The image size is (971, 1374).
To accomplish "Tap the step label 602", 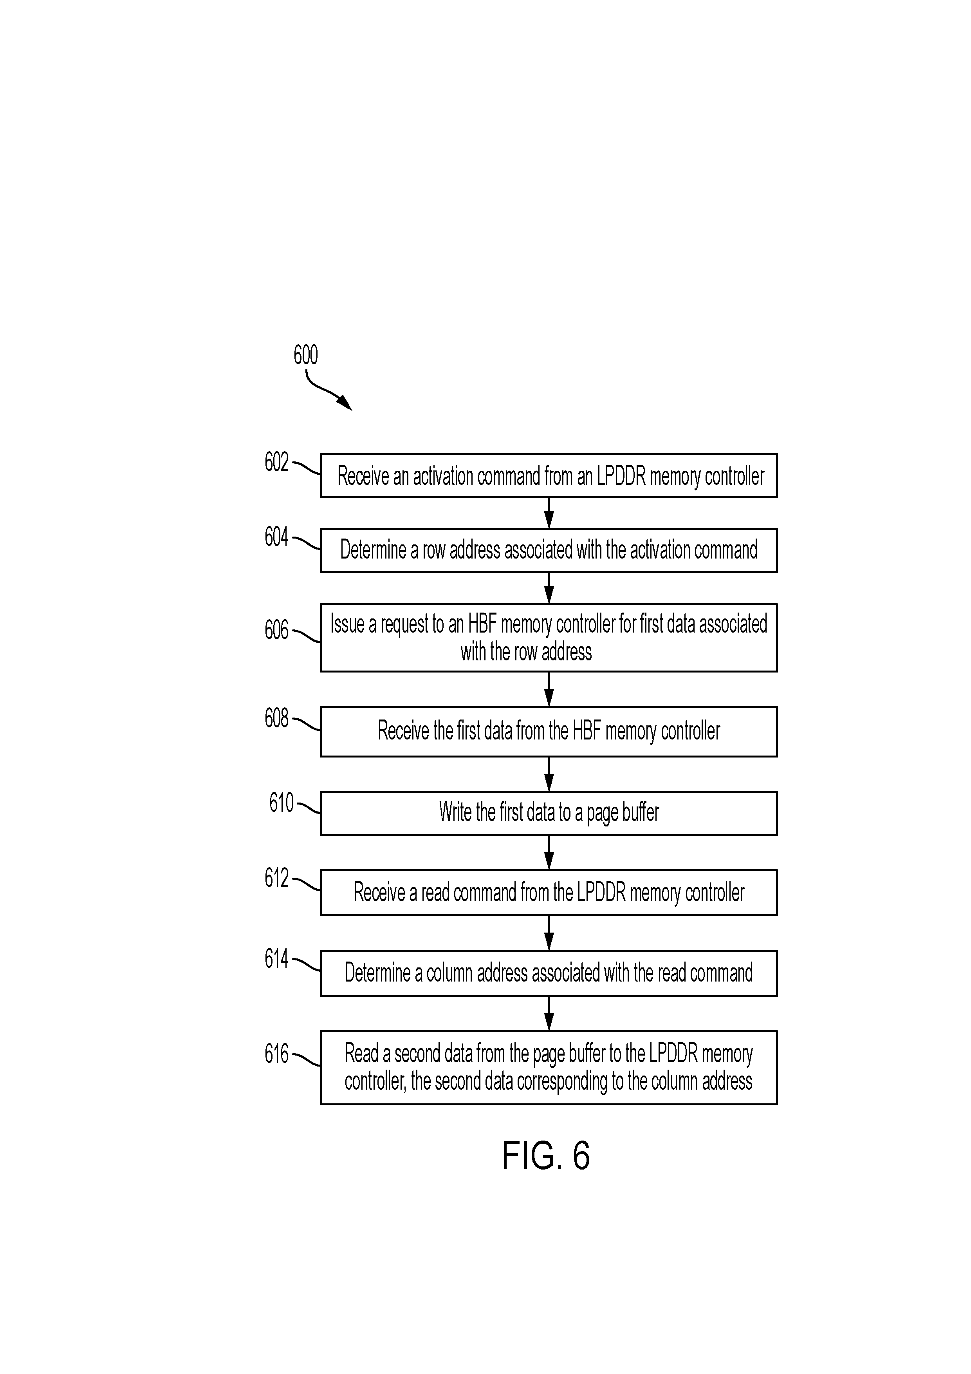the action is click(x=276, y=462).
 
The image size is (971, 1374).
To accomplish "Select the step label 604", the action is click(x=276, y=537).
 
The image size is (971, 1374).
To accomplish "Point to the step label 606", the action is click(x=276, y=630).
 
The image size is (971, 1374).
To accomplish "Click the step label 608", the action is click(x=276, y=718).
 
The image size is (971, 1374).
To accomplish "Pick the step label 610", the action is click(x=281, y=803).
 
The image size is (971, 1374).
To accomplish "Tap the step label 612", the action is click(x=276, y=878).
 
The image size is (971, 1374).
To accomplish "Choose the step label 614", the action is click(x=276, y=959).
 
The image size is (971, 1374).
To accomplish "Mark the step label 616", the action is click(x=276, y=1054).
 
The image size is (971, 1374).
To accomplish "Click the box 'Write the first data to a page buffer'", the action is click(x=549, y=813).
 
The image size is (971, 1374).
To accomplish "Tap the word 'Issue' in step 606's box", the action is click(x=347, y=624).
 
